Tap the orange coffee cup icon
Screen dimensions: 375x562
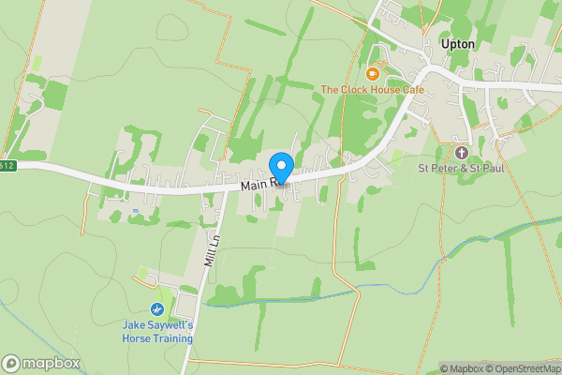[x=373, y=73]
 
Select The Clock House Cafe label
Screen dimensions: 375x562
[x=373, y=90]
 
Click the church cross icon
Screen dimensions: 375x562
[x=461, y=152]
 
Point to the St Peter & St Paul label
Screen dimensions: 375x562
[x=461, y=170]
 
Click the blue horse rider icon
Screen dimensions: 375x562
[x=157, y=308]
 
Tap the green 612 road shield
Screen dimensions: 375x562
[x=7, y=166]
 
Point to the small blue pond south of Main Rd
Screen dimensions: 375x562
[x=140, y=211]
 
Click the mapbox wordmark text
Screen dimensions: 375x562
[x=52, y=363]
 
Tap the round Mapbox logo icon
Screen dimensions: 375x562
[x=11, y=363]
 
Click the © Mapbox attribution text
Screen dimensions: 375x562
[x=463, y=368]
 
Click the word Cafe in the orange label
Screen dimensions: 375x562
[x=412, y=90]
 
